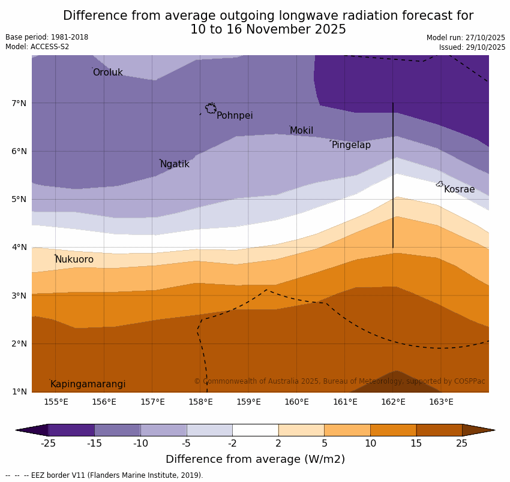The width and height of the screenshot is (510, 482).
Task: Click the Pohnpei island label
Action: [235, 116]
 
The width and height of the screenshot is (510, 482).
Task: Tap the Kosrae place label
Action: [459, 189]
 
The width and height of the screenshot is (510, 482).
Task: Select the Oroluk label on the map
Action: [107, 73]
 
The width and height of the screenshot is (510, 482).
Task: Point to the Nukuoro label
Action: [74, 260]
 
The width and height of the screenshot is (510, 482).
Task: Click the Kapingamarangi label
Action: [88, 384]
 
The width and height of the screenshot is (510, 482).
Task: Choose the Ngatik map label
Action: [175, 164]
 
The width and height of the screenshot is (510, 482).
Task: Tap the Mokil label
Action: [301, 131]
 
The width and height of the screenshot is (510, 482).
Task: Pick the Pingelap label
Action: [351, 145]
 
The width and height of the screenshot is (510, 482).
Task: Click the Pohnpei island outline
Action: [211, 109]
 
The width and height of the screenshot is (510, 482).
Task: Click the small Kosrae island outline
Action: [440, 184]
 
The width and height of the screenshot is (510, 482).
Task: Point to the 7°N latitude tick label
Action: [19, 103]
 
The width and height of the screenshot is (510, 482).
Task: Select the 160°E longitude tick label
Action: [296, 402]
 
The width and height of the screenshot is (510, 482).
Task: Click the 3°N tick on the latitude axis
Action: [19, 296]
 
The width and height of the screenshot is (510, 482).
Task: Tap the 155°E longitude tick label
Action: [56, 402]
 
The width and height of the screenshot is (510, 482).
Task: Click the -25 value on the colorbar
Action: [48, 444]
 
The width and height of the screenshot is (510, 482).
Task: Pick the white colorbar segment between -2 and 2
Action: [255, 430]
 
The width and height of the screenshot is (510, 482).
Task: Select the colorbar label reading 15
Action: [416, 444]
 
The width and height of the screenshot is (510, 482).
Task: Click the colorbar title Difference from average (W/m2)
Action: [255, 460]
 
